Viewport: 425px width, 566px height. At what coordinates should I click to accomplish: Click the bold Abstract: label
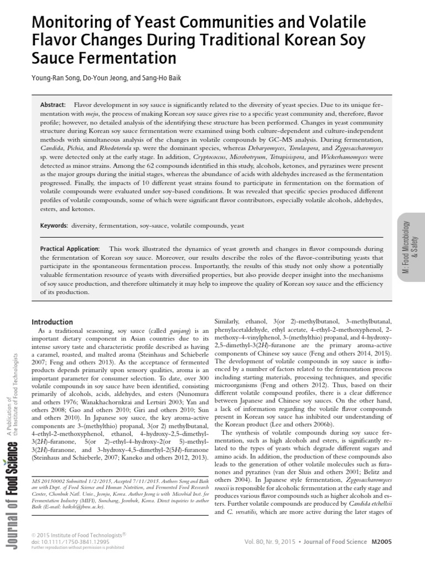(53, 105)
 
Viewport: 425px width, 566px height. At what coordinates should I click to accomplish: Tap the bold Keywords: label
(54, 226)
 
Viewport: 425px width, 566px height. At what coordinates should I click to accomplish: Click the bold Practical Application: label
(70, 249)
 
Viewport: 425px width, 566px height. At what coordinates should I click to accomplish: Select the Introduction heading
(52, 322)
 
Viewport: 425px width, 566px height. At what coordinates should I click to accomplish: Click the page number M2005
(381, 542)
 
